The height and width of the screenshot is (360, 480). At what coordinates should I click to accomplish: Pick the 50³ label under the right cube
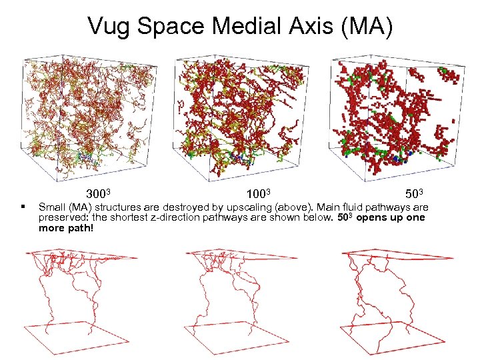[x=415, y=194]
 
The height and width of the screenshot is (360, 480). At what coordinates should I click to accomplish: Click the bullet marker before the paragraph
[x=23, y=207]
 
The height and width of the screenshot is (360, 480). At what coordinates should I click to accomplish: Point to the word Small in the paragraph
[x=51, y=207]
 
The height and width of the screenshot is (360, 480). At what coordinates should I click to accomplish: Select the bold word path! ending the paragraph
[x=82, y=228]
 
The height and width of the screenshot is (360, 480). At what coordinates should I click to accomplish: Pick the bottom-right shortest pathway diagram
[x=393, y=300]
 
